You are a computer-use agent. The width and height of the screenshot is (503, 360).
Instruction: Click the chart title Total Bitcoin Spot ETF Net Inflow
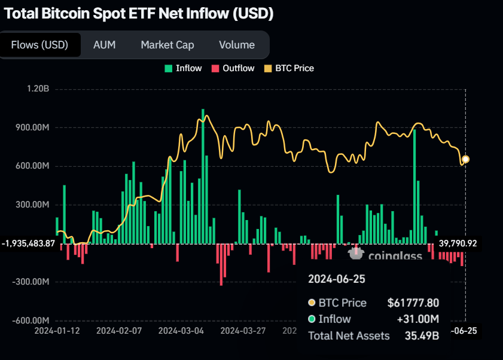click(x=139, y=14)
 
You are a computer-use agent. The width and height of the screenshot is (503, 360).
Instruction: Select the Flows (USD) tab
click(x=39, y=45)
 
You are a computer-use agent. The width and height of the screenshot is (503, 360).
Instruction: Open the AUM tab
click(x=104, y=45)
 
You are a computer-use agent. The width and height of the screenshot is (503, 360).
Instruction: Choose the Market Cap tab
click(x=167, y=45)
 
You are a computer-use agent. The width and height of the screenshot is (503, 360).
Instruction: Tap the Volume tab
click(x=236, y=45)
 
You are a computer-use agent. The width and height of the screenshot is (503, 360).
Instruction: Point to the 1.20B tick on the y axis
click(x=38, y=89)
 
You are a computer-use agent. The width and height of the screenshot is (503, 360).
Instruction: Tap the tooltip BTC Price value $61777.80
click(x=413, y=303)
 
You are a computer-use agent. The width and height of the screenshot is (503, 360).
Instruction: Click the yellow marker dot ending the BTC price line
click(x=465, y=159)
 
